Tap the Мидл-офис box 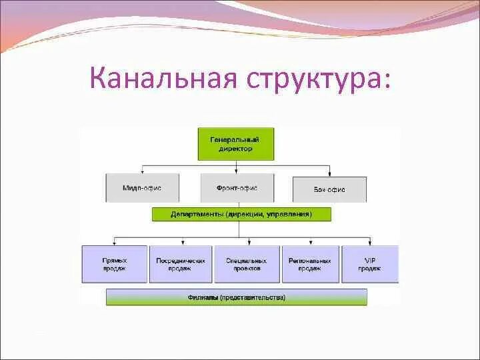[x=142, y=189]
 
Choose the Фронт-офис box [x=237, y=189]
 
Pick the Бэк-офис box [x=329, y=189]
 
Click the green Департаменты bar [x=241, y=214]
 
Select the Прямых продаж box [x=114, y=264]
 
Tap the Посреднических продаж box [x=181, y=264]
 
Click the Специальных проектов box [x=247, y=264]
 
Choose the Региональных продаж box [x=310, y=264]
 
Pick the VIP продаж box [x=369, y=264]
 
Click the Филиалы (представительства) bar [x=236, y=297]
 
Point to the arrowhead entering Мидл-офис [x=141, y=172]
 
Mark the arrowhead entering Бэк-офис [x=331, y=174]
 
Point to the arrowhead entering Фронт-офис [x=237, y=172]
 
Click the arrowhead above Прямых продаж [x=113, y=243]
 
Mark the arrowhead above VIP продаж [x=370, y=243]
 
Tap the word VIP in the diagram [x=369, y=260]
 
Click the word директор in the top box [x=236, y=149]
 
